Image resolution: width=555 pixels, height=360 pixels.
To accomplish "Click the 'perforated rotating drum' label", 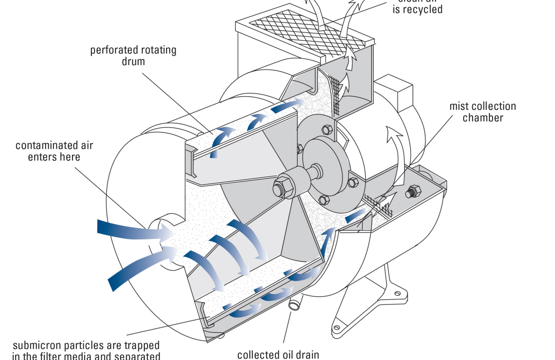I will (x=133, y=55).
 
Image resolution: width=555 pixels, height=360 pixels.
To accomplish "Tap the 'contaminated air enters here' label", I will (x=54, y=151).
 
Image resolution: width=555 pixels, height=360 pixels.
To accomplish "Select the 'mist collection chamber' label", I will (x=483, y=111).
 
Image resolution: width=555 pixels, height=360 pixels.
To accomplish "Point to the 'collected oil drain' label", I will (x=278, y=354).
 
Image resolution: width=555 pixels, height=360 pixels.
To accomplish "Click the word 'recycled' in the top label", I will (x=418, y=9).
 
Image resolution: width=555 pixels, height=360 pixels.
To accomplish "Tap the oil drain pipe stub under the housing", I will (x=295, y=305).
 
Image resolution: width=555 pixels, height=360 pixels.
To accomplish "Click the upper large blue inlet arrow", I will (x=130, y=230).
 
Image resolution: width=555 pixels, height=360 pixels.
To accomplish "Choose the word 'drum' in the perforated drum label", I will (x=133, y=61).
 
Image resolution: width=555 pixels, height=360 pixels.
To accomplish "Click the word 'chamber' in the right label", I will (x=483, y=118).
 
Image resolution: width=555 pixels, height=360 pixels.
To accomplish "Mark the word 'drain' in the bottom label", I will (x=306, y=354).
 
